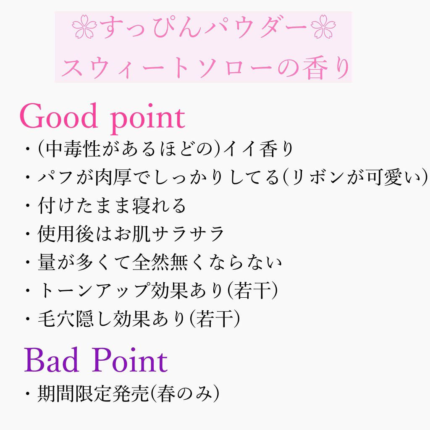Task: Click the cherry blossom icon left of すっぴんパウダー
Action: click(84, 26)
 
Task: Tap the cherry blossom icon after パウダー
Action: click(323, 26)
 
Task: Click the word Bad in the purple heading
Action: click(52, 359)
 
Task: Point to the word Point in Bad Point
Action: click(129, 359)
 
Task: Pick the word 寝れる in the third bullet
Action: click(159, 205)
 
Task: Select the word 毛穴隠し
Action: click(76, 319)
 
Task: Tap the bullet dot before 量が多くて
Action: click(27, 262)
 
